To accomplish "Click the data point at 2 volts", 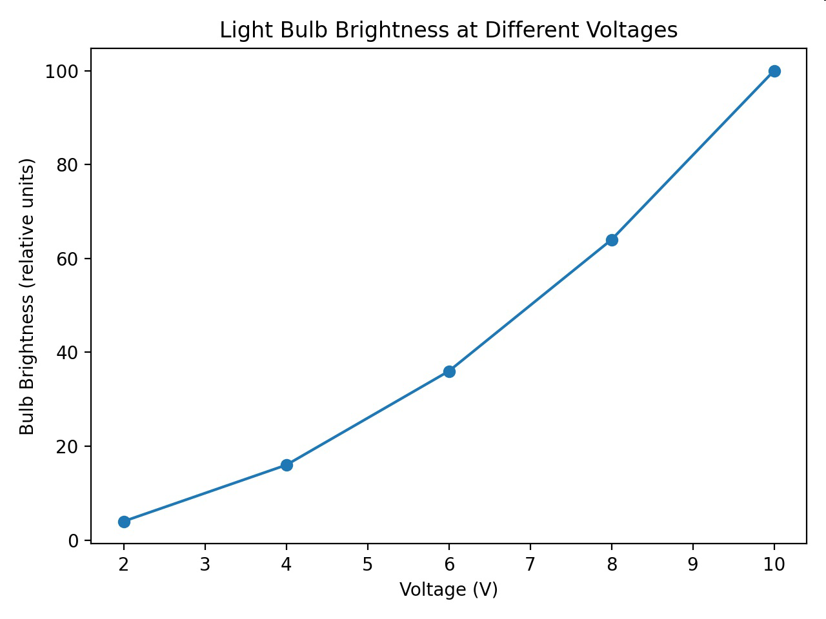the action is tap(124, 522).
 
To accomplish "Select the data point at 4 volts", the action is tap(287, 466).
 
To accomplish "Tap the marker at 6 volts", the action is tap(449, 371).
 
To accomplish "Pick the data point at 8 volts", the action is tap(612, 240).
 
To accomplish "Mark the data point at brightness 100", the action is tap(774, 71).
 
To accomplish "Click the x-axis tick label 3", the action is tap(205, 564).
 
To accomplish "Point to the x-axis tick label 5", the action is tap(368, 564).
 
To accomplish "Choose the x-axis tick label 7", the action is tap(530, 564).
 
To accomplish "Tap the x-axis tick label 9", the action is tap(693, 564).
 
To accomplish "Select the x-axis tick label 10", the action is tap(774, 564).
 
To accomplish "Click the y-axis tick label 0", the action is tap(74, 540).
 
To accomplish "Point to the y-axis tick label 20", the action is tap(67, 447).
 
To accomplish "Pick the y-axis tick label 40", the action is tap(67, 353).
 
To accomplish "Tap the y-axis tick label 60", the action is tap(67, 259).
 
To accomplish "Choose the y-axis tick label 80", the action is tap(67, 165).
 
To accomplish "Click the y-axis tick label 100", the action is tap(62, 72).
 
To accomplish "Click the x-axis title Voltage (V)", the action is tap(448, 589).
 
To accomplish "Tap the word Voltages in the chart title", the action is tap(619, 30).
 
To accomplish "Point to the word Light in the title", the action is tap(246, 30).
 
